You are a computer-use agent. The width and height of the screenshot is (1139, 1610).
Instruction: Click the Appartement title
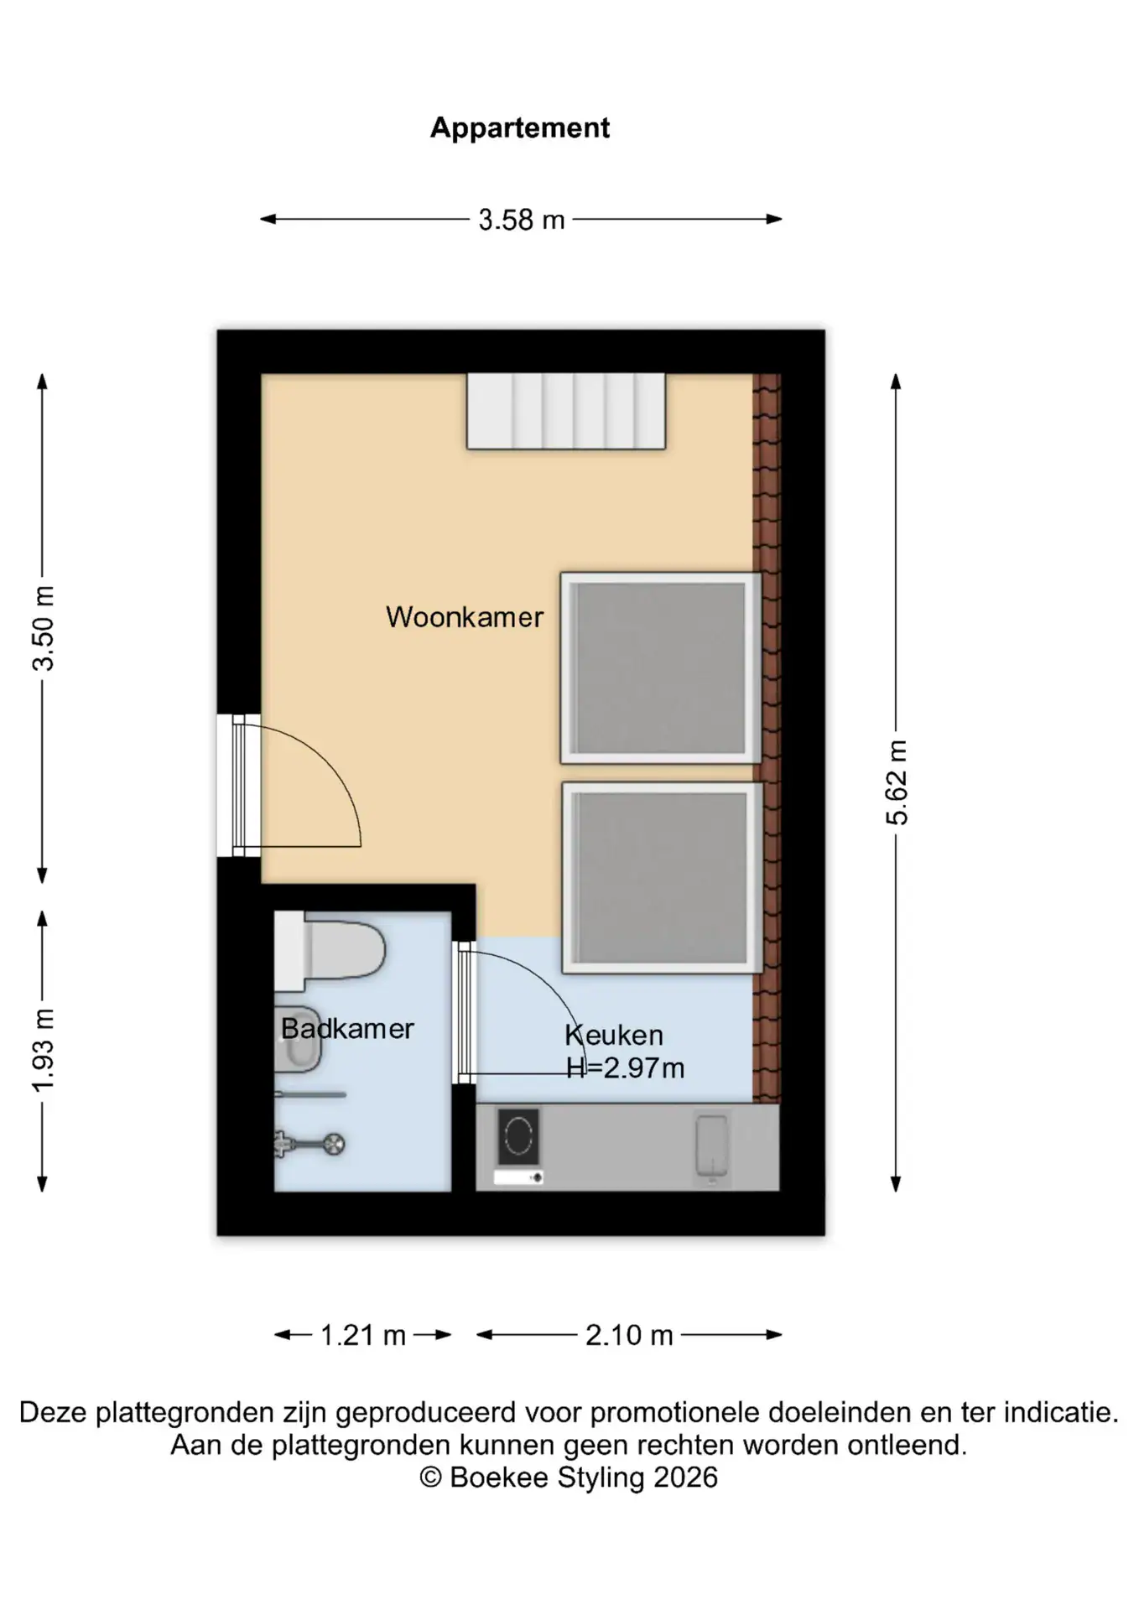tap(520, 128)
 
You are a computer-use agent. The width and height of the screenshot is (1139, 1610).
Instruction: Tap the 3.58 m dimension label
tap(521, 220)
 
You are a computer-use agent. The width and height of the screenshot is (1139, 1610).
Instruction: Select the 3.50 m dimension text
tap(44, 628)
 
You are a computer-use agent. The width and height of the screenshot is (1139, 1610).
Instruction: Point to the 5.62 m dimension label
tap(897, 782)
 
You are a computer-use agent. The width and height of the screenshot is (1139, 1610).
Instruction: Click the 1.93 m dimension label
tap(44, 1051)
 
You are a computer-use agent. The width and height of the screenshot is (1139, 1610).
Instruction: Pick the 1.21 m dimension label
tap(363, 1335)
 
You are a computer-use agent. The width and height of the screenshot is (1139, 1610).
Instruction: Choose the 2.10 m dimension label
tap(629, 1335)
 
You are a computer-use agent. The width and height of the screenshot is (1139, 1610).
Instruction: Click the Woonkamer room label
tap(465, 617)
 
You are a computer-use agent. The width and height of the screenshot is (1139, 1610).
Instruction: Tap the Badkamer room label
tap(347, 1029)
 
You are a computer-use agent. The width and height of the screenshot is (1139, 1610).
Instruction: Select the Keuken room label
tap(614, 1036)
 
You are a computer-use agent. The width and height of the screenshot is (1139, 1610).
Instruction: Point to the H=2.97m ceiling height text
tap(626, 1068)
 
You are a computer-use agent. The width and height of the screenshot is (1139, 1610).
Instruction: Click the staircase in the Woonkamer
tap(566, 411)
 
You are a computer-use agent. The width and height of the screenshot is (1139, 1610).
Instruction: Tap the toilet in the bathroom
tap(330, 951)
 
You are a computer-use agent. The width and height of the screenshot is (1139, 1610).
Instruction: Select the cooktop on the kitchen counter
tap(518, 1138)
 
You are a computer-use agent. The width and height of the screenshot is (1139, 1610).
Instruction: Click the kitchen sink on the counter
tap(712, 1145)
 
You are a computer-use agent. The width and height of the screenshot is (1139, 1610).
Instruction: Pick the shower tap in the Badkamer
tap(309, 1144)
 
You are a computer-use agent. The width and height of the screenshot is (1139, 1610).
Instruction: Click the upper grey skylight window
tap(661, 668)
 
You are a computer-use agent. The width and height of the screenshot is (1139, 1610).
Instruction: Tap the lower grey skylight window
tap(662, 878)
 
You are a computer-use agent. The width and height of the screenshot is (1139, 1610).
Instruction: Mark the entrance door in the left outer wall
tap(238, 786)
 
